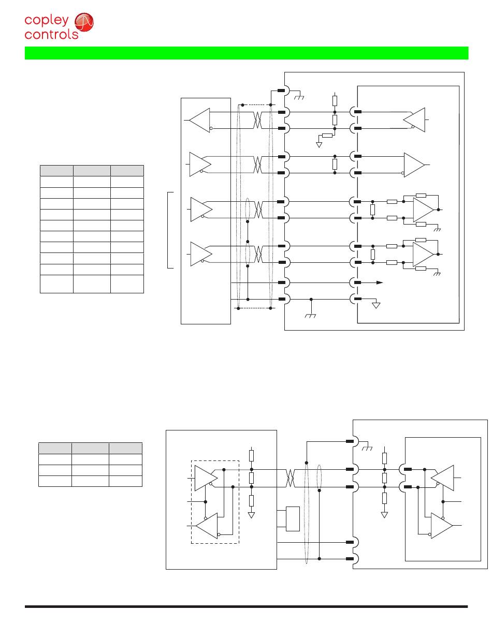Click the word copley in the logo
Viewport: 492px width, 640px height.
[47, 21]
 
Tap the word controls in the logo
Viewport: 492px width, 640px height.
[51, 35]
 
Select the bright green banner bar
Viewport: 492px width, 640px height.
[247, 53]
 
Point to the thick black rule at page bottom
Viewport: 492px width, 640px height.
[247, 606]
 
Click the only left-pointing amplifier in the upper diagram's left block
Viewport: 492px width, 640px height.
[200, 120]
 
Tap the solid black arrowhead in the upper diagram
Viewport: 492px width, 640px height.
[380, 282]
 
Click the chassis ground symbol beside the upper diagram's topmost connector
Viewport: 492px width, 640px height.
[298, 97]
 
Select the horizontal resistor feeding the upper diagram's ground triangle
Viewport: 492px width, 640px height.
[327, 136]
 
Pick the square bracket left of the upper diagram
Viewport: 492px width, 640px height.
[169, 230]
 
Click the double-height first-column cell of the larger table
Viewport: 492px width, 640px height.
[56, 284]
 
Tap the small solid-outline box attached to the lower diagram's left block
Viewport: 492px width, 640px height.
[293, 519]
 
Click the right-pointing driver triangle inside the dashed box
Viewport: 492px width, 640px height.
[205, 477]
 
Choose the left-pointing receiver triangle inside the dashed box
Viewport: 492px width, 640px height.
[207, 526]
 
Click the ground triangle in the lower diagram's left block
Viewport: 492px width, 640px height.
[252, 515]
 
